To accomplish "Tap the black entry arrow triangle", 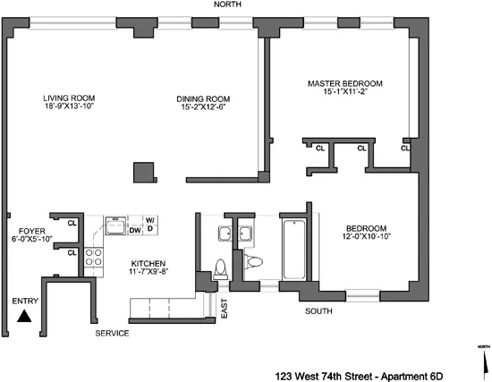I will pyautogui.click(x=25, y=315).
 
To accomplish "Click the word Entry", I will pyautogui.click(x=25, y=301).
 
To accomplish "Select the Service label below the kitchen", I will pyautogui.click(x=113, y=334).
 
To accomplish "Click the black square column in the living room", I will pyautogui.click(x=141, y=172).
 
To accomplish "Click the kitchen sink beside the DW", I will pyautogui.click(x=115, y=224).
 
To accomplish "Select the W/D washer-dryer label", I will pyautogui.click(x=150, y=224).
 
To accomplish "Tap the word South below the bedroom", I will pyautogui.click(x=318, y=311).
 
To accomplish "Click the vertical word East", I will pyautogui.click(x=225, y=309).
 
